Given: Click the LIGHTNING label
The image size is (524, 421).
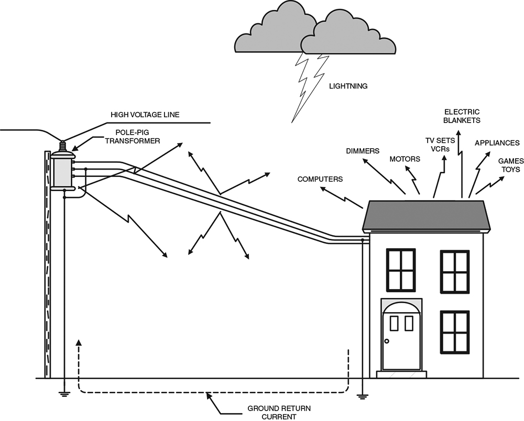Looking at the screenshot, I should [347, 86].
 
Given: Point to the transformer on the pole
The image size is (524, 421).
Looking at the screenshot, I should [63, 170].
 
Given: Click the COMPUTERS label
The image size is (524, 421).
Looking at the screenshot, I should [320, 179].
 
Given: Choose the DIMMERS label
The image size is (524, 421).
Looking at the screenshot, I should [362, 151].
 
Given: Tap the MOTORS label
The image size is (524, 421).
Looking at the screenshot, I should [405, 159].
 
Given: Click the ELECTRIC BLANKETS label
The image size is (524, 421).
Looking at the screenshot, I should [462, 116].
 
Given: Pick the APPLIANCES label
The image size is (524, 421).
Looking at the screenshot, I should [497, 143].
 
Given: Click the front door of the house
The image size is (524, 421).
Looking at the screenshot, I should [401, 341].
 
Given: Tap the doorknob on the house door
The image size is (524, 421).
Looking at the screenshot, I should [387, 341].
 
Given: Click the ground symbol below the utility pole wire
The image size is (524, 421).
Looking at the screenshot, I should [64, 394].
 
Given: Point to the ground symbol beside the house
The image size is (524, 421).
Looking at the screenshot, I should [361, 395].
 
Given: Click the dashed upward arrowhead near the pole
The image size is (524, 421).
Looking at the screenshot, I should [79, 342].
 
